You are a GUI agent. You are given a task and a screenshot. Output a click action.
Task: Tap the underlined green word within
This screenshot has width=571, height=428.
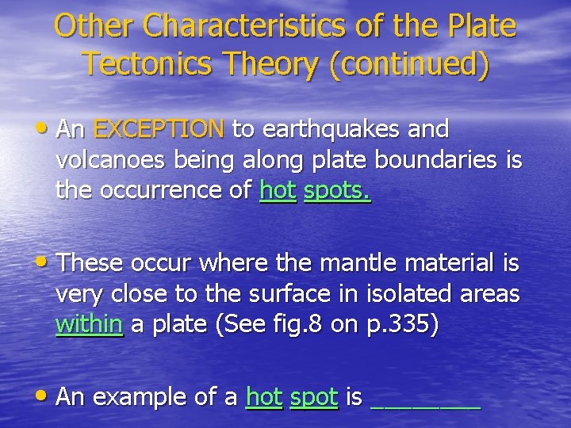[90, 324]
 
